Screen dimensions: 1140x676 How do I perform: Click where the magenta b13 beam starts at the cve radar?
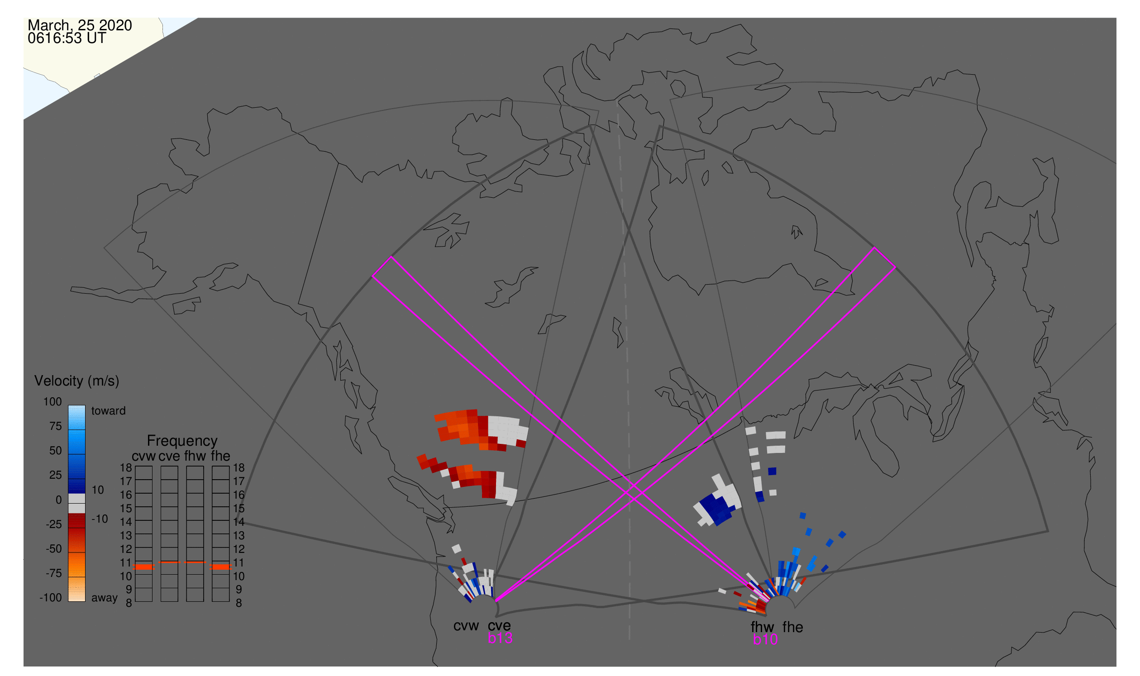point(496,602)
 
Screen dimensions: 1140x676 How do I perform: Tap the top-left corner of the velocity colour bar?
point(68,405)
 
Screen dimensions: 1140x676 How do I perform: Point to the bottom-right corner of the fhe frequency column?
point(229,602)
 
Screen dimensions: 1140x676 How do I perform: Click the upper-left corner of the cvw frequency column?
point(135,467)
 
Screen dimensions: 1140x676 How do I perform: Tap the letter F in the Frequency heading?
point(151,441)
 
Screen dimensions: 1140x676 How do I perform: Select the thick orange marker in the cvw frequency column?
point(144,567)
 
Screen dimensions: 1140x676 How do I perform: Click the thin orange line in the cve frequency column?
point(170,562)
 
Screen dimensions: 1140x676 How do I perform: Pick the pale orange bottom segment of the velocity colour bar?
point(76,590)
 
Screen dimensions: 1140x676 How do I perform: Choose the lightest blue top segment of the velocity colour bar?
point(76,417)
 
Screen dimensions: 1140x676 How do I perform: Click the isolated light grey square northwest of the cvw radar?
point(457,549)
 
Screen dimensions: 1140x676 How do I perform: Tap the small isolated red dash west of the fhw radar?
point(737,594)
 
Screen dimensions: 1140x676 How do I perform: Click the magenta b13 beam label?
point(500,638)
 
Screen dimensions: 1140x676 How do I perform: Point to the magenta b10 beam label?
point(765,640)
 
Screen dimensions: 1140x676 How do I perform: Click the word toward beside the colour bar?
point(109,411)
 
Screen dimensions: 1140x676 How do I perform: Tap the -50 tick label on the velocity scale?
point(54,549)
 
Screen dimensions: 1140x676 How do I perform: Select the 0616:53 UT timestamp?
point(67,38)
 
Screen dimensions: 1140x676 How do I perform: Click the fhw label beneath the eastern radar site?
point(762,627)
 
